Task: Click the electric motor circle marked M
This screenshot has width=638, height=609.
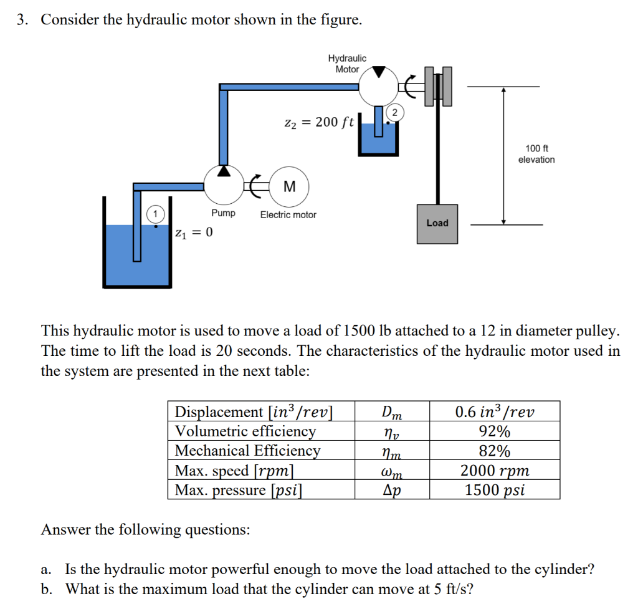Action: (x=289, y=186)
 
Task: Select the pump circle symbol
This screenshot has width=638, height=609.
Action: (x=224, y=186)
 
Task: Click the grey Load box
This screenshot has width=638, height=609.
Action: (x=437, y=223)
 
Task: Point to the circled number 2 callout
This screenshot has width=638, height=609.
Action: (x=394, y=112)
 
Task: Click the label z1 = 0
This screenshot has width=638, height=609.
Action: (x=194, y=233)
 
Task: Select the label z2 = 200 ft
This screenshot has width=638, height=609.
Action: (x=318, y=122)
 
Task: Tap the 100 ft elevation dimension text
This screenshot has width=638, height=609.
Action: (x=536, y=154)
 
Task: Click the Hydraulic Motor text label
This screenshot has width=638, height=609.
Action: (x=347, y=64)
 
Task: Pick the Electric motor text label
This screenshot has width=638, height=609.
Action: (x=288, y=214)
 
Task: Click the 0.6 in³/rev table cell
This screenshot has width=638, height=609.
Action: (x=495, y=411)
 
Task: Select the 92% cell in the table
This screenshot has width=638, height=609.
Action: (x=495, y=431)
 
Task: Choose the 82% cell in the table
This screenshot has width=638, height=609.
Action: (x=495, y=451)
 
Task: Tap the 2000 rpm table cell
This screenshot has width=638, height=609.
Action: (x=495, y=471)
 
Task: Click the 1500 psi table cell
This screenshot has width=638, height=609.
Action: (x=495, y=490)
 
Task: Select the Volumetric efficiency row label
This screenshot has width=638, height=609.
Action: (x=245, y=431)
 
